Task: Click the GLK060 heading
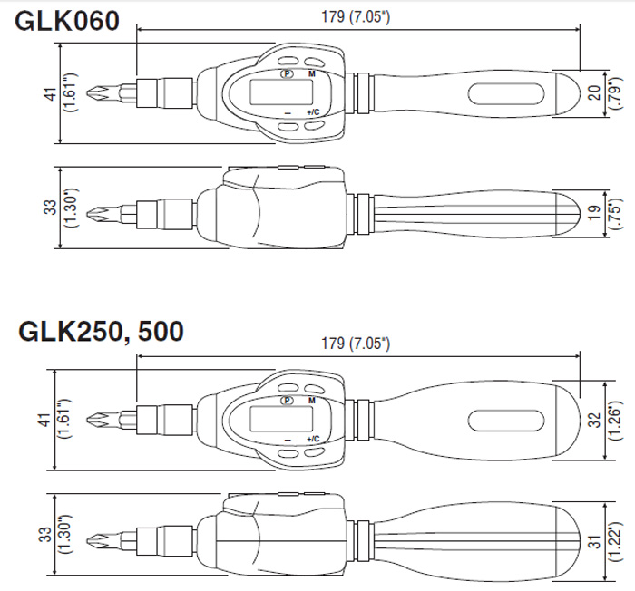tap(67, 21)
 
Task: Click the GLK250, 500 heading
tap(101, 332)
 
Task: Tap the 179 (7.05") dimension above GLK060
tap(356, 17)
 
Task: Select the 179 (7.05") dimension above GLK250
tap(356, 344)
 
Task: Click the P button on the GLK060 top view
tap(287, 73)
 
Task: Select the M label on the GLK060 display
tap(311, 73)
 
